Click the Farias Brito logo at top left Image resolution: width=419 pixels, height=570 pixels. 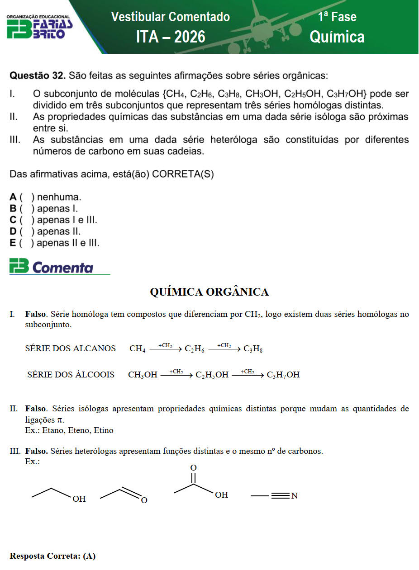point(39,27)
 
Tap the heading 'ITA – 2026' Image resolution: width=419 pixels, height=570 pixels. point(171,37)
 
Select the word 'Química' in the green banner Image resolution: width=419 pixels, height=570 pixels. point(337,37)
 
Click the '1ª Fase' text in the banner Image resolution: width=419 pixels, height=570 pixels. point(337,17)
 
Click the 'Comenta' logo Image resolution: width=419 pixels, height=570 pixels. point(52,268)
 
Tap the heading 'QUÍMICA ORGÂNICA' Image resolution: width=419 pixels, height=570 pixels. point(209,292)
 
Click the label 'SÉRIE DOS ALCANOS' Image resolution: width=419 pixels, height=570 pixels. point(70,349)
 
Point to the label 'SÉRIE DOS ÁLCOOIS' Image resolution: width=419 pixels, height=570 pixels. point(71,375)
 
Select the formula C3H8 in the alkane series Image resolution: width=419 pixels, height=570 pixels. point(253,349)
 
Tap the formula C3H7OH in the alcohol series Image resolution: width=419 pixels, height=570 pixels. point(283,375)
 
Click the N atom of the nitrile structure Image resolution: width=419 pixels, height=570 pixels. point(295,496)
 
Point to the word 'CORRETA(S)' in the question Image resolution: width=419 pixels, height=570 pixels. point(183,175)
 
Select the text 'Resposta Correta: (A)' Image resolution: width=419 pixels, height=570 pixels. point(52,556)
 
